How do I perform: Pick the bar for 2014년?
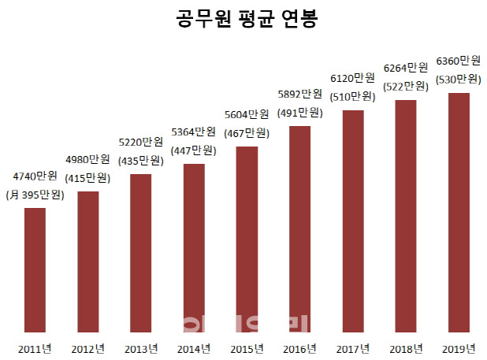click(194, 248)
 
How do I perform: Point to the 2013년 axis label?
click(141, 348)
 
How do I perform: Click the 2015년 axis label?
click(247, 348)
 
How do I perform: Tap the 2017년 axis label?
click(353, 348)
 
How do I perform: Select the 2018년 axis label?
click(406, 348)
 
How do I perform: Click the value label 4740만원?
click(35, 176)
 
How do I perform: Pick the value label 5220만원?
click(141, 143)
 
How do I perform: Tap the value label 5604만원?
click(247, 114)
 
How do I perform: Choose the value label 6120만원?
click(353, 78)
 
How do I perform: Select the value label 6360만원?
click(459, 61)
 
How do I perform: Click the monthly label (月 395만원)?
click(35, 195)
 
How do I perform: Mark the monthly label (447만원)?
click(194, 150)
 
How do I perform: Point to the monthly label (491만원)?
click(299, 114)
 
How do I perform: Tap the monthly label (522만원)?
click(406, 86)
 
